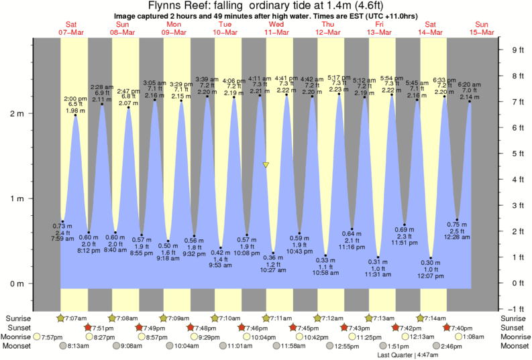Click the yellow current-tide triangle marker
click(x=266, y=164)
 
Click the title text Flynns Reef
click(x=178, y=6)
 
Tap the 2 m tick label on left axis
click(x=17, y=113)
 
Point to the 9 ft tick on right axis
click(x=517, y=50)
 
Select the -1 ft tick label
click(x=517, y=309)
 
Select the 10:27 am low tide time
click(x=273, y=271)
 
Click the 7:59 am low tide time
click(x=62, y=239)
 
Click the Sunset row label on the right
click(x=516, y=327)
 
